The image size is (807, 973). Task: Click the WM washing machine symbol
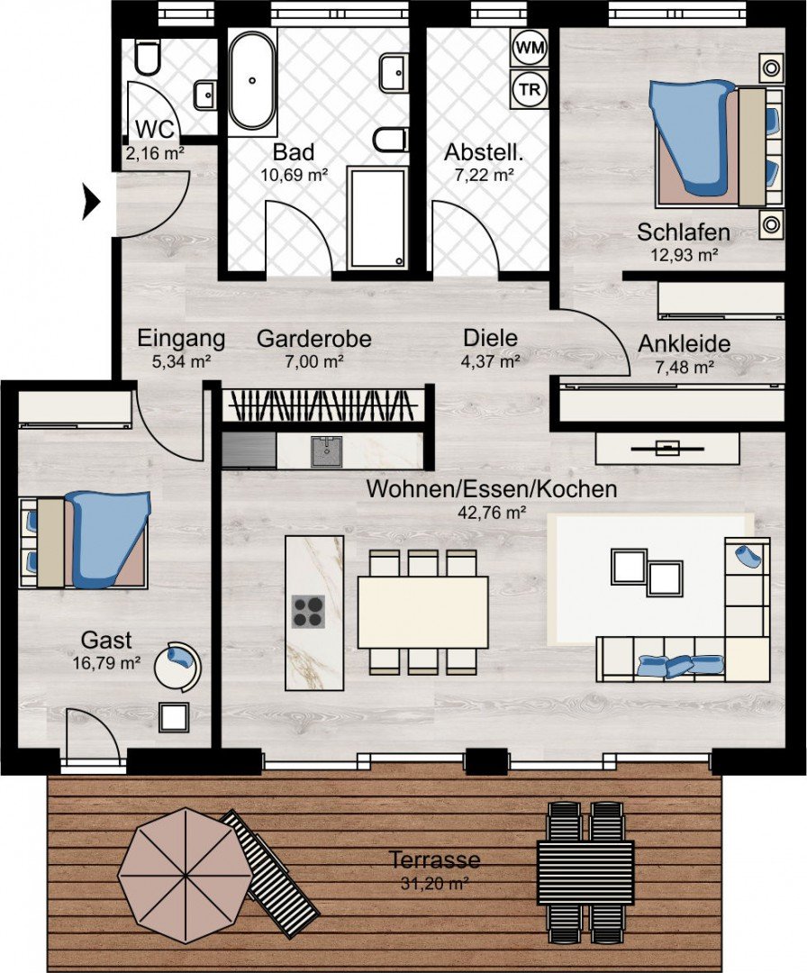coord(530,48)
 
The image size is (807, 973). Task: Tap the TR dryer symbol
coord(530,88)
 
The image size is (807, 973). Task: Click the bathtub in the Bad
coord(252,80)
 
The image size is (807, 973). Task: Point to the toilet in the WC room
coord(148,58)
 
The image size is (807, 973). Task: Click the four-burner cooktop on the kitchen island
coord(308,612)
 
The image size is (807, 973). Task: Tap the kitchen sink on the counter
coord(326,451)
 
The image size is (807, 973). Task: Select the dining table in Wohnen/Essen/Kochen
coord(423,612)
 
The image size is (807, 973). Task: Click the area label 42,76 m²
coord(492,512)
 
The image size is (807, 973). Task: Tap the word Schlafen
coord(684,232)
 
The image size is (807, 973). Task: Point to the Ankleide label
coord(685,344)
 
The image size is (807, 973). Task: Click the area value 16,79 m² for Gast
coord(106,663)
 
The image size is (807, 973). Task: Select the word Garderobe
coord(313,339)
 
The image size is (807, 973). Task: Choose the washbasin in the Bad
coord(394,73)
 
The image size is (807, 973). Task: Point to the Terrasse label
coord(434,859)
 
